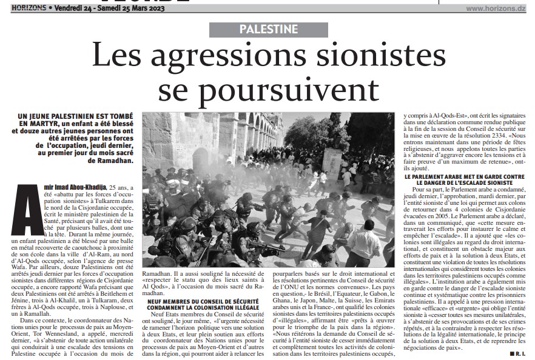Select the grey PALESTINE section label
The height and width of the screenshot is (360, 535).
267,29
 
